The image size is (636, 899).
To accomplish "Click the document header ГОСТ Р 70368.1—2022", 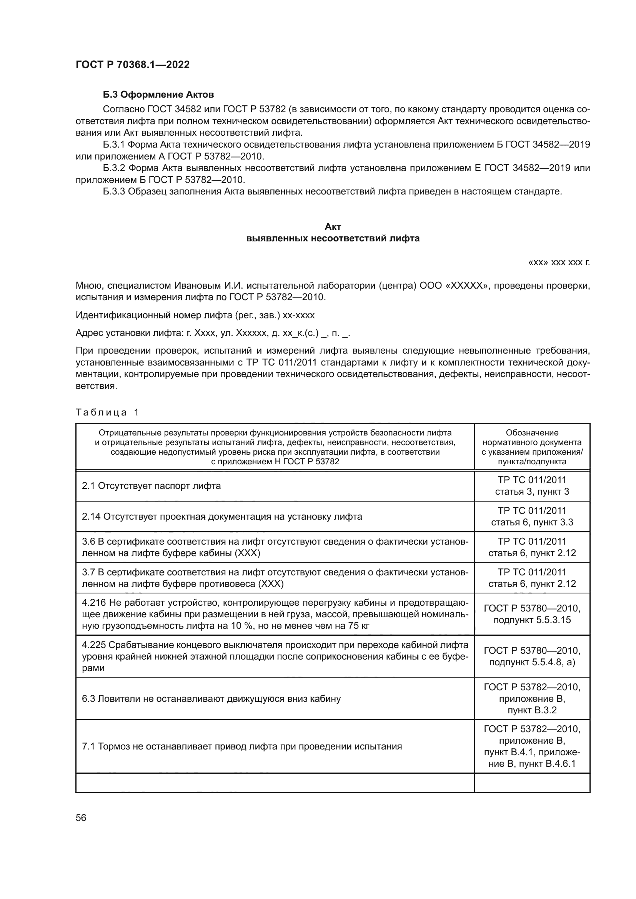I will coord(132,65).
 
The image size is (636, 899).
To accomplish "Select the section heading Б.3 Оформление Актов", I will coord(158,95).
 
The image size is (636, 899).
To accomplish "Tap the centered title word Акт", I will coord(333,227).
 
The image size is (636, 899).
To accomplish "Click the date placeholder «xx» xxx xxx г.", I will coord(559,263).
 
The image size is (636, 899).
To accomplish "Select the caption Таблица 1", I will coord(107,412).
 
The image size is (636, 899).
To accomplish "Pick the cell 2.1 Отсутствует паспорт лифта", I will coord(152,486).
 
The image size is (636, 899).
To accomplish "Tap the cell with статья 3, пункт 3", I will coord(532,492).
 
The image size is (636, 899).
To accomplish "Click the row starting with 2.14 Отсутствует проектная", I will coord(222,517).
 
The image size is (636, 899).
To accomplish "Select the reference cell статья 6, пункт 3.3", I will coord(532,522).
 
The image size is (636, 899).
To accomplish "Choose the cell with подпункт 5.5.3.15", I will coord(532,620).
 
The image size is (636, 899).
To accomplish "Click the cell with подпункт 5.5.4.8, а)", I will coord(532,663).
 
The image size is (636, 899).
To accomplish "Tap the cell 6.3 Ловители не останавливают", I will coord(211,698).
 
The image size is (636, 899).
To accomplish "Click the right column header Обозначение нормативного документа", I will coord(532,447).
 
